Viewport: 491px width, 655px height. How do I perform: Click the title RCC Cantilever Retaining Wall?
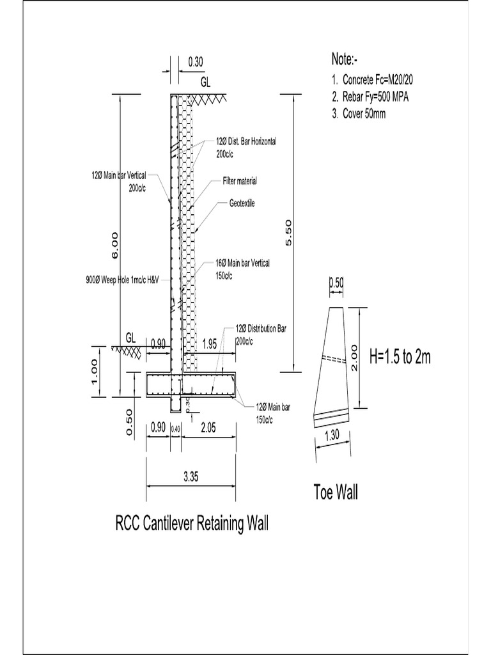point(192,525)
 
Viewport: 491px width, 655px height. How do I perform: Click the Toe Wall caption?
point(336,493)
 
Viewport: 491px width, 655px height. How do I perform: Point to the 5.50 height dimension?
point(288,232)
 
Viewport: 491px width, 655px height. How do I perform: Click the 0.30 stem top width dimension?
point(196,62)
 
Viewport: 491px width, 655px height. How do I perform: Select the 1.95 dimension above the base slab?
point(209,343)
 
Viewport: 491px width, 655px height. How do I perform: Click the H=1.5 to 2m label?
point(400,357)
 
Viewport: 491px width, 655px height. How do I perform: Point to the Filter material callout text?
point(240,181)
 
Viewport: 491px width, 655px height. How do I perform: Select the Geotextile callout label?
point(242,203)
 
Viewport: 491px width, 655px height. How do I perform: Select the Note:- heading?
point(345,59)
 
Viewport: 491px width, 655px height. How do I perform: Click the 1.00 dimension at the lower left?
point(95,371)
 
